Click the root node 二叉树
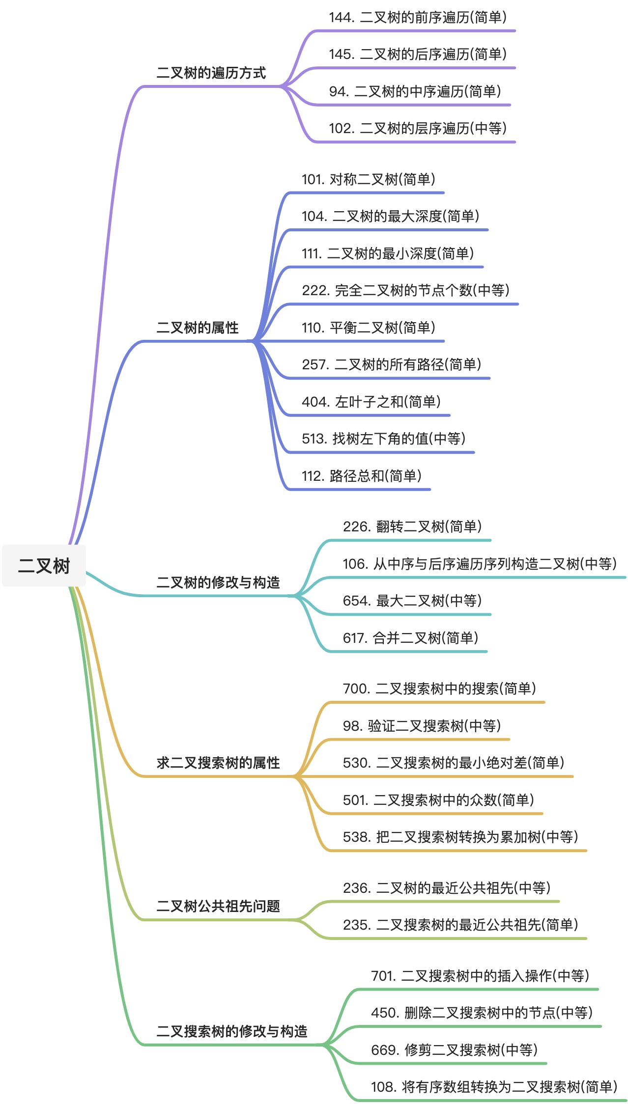pos(44,566)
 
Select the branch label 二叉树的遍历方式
pos(211,73)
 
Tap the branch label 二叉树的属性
pos(197,328)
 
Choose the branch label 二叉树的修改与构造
pos(218,582)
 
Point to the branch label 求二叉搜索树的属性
pos(218,763)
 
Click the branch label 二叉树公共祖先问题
pos(218,906)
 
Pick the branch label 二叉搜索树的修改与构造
pos(231,1031)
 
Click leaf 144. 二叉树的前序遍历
pos(417,18)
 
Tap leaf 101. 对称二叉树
pos(368,179)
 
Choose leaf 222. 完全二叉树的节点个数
pos(405,290)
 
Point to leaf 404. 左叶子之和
pos(371,402)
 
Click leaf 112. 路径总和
pos(361,476)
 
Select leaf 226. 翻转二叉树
pos(412,526)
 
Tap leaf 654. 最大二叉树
pos(412,601)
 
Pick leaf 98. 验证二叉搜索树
pos(422,726)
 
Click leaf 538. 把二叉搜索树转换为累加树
pos(460,837)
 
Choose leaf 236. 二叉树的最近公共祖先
pos(446,888)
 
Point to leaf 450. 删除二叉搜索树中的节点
pos(482,1013)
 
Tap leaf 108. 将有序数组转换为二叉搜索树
pos(494,1087)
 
